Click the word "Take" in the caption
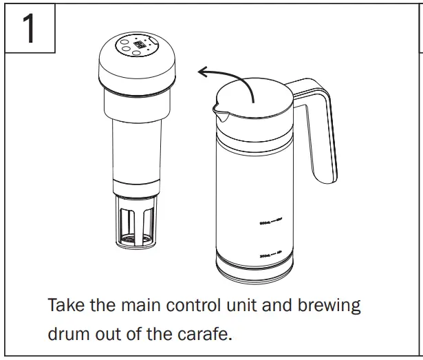tap(67, 305)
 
